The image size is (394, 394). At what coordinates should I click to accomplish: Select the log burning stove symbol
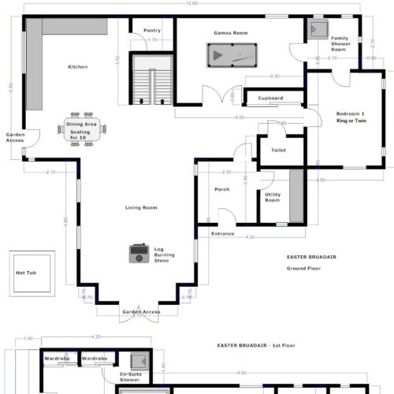click(139, 253)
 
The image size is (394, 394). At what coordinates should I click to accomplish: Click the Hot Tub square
click(32, 273)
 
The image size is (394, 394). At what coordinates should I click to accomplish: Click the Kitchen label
click(77, 67)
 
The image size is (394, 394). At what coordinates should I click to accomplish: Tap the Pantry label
click(152, 31)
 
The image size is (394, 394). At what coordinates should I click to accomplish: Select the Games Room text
click(231, 33)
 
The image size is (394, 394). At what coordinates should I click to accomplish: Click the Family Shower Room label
click(340, 43)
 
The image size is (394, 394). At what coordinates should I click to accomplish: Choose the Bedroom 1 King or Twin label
click(351, 116)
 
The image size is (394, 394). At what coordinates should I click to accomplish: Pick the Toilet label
click(278, 150)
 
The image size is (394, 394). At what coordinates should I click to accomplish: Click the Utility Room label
click(272, 198)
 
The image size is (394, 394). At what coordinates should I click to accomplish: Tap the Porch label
click(222, 190)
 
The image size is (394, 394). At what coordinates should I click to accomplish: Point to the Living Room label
click(141, 207)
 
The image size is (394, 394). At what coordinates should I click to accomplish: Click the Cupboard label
click(270, 98)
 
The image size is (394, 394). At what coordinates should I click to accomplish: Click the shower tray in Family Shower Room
click(318, 30)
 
